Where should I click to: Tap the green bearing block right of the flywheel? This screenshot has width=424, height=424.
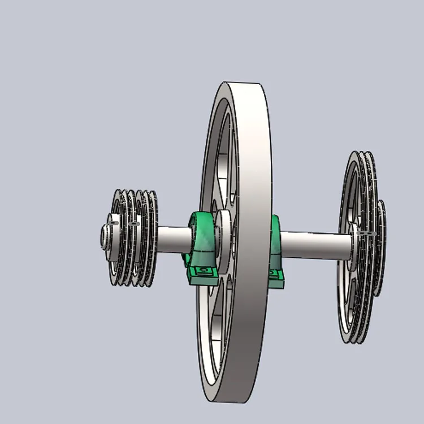(x=276, y=249)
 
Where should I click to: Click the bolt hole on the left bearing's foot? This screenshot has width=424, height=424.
(x=203, y=272)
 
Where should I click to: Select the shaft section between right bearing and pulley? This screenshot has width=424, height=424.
(x=314, y=244)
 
